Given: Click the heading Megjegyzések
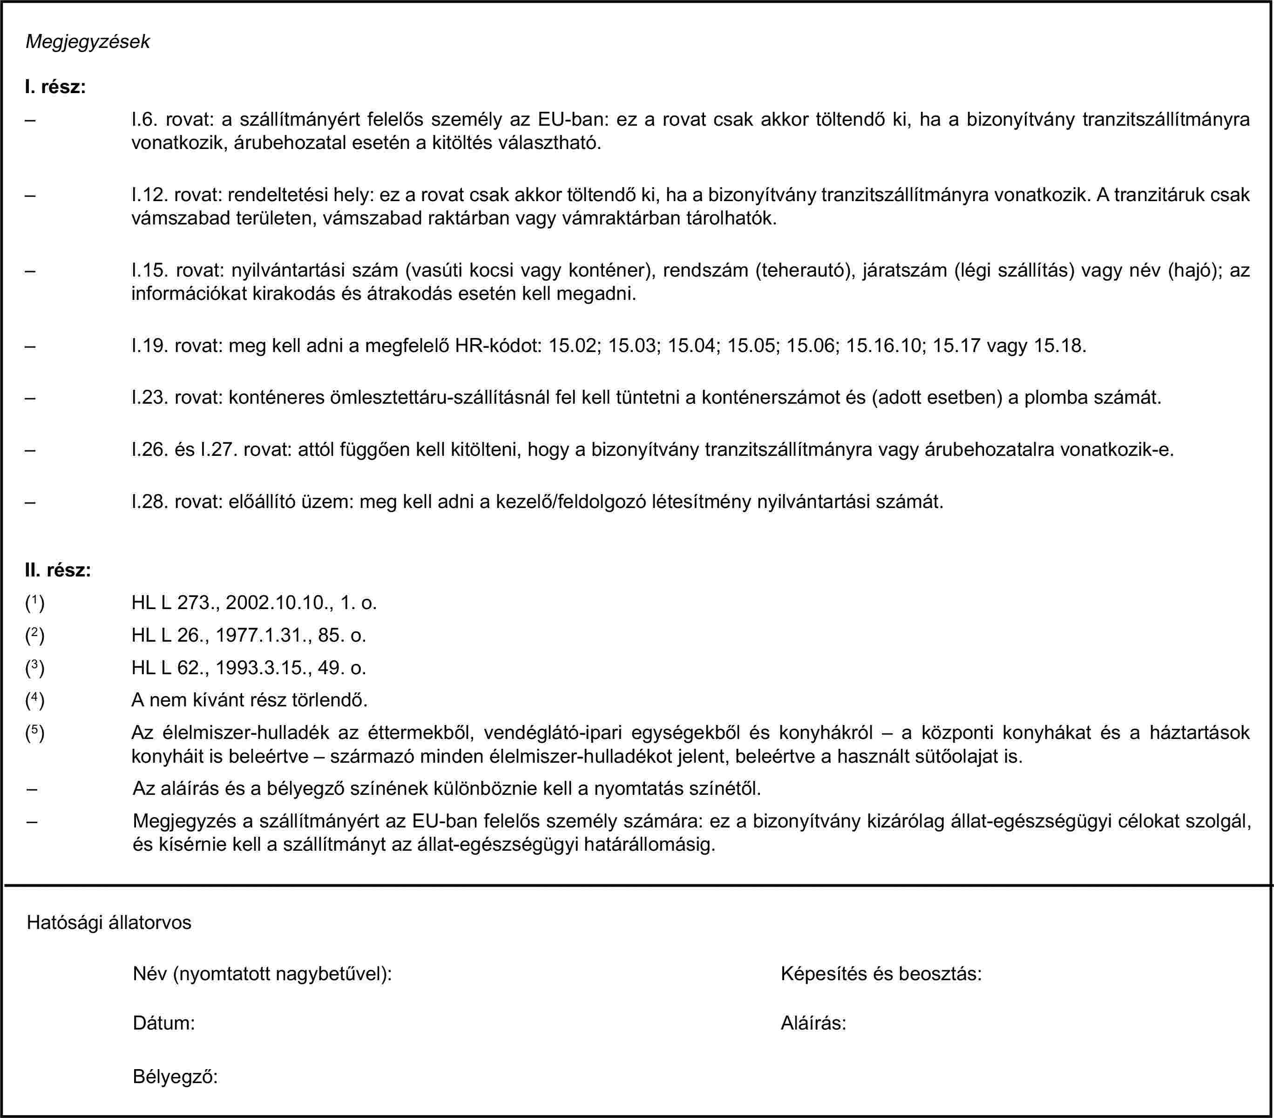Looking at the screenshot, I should click(x=87, y=42).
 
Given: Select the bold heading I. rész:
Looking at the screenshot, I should click(x=55, y=87).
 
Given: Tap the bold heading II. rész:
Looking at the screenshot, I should click(x=58, y=569).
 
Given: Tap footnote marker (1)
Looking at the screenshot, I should click(x=34, y=602).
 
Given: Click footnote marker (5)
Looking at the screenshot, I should click(x=34, y=732).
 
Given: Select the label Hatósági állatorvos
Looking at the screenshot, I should click(x=109, y=922).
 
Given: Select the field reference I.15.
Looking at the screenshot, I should click(x=149, y=271).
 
